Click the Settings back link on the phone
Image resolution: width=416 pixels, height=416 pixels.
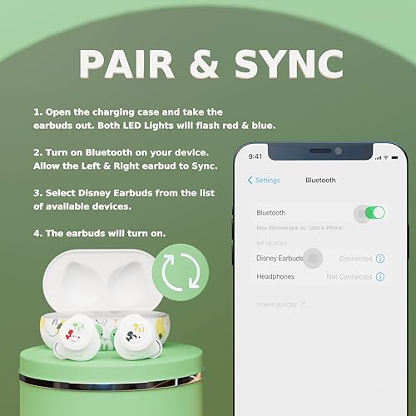264,180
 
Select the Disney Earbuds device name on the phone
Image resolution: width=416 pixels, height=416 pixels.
279,259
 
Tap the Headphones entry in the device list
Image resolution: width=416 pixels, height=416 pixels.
275,276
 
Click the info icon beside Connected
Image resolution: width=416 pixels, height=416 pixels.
380,259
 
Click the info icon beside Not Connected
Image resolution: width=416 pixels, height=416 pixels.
380,276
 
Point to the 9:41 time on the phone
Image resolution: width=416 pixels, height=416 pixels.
255,156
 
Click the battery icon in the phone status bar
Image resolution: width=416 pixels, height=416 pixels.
386,156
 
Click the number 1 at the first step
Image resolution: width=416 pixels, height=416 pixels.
37,111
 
